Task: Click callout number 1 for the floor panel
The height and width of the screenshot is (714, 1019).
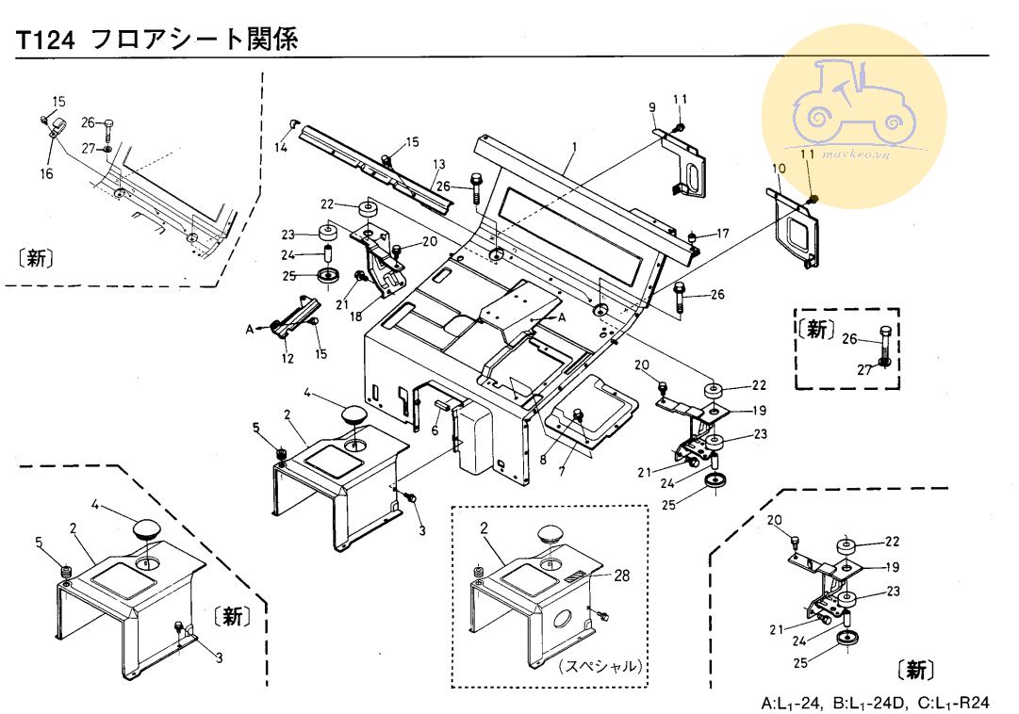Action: coord(572,147)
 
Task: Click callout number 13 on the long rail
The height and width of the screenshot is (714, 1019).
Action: coord(438,165)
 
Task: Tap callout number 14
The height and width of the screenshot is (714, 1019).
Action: coord(280,147)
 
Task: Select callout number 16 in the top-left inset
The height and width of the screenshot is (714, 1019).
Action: coord(47,173)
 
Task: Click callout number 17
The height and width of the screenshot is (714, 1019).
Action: coord(723,233)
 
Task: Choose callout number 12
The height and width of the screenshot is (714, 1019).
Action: coord(288,358)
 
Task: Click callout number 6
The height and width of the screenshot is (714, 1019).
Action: coord(434,430)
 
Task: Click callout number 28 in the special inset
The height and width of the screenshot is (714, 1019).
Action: coord(622,575)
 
